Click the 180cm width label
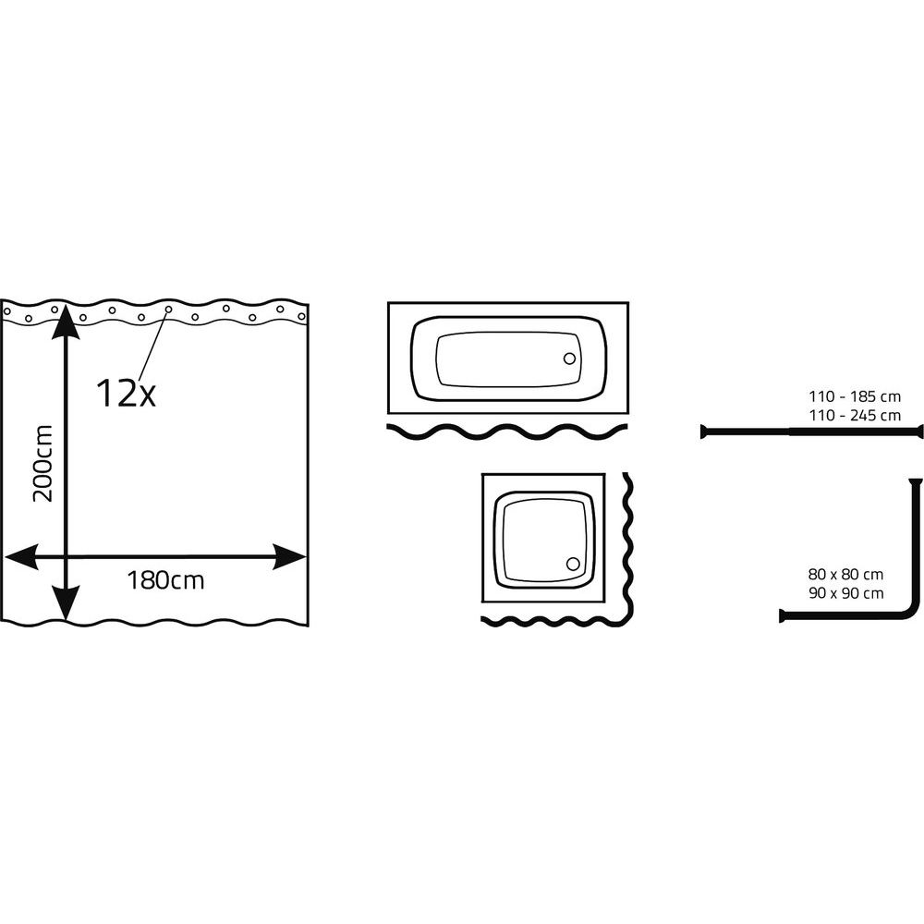coord(165,580)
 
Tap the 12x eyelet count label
coord(126,393)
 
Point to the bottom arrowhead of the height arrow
coord(66,602)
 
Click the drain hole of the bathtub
coord(569,359)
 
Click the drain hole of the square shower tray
coord(573,564)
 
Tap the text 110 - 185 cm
coord(855,396)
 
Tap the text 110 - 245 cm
coord(855,416)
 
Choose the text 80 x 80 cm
coord(845,575)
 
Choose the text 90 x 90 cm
coord(845,593)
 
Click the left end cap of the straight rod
coord(703,432)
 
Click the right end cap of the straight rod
coord(920,432)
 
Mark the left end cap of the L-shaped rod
coord(783,615)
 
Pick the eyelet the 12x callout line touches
coord(168,309)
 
